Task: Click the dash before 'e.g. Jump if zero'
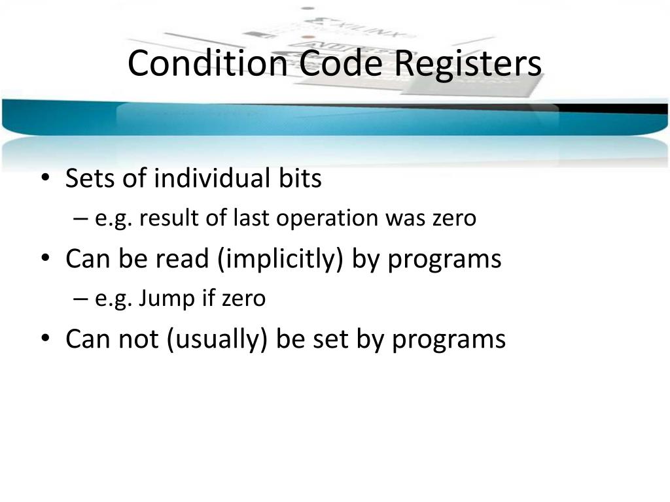point(81,299)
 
